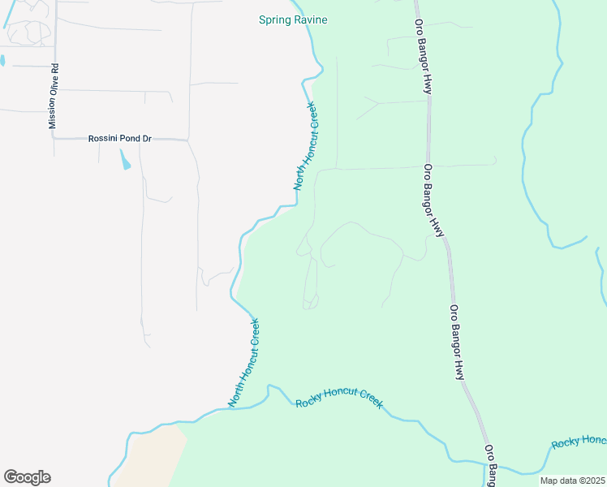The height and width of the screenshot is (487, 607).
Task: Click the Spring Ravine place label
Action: point(293,19)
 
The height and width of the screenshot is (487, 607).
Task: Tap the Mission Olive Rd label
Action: point(54,97)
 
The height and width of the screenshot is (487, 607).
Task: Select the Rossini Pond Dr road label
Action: point(120,139)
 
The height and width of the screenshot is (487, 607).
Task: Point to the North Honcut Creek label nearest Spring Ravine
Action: point(305,146)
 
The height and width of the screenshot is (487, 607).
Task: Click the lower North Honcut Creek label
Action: point(243,362)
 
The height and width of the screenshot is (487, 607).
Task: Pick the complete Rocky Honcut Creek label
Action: point(339,398)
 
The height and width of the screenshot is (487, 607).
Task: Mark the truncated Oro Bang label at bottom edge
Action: point(491,465)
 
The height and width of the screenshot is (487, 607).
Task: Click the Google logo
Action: point(27,477)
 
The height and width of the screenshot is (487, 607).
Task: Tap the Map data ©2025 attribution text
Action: point(571,481)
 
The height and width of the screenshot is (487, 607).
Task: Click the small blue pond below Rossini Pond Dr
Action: point(125,159)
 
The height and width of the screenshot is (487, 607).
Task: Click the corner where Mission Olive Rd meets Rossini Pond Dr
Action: point(54,139)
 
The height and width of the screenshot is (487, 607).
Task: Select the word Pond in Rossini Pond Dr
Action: point(128,139)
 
